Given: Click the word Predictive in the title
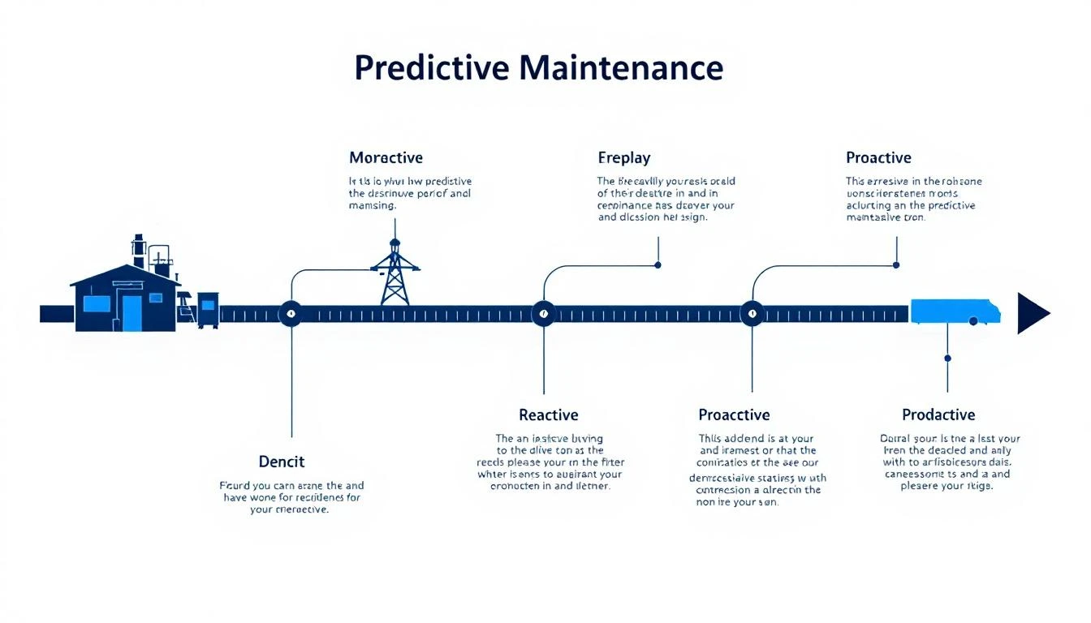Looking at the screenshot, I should pos(431,68).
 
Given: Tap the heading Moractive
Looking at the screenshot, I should pos(386,157).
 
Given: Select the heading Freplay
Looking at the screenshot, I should pos(623,157).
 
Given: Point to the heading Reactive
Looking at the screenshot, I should pos(548,415).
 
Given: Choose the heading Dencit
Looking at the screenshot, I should pos(281,462).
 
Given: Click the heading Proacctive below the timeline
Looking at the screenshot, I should pos(734,415).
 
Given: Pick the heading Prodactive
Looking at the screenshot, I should pos(938,415).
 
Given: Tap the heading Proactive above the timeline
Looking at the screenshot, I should pos(878,157).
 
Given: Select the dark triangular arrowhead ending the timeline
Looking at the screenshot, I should pos(1032,314).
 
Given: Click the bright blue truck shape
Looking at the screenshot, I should pos(955,311).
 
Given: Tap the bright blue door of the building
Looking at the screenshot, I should pos(132,313).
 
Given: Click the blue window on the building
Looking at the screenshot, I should pos(97,304).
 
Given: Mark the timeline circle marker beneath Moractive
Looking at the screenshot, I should pos(291,313).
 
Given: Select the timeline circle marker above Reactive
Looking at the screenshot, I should pos(543,313).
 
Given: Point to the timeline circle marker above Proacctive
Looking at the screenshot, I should pos(752,313).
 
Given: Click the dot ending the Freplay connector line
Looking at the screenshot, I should pos(658,264).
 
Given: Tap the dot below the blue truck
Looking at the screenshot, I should pos(947,358).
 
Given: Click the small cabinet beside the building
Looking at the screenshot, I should pos(208,310).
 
